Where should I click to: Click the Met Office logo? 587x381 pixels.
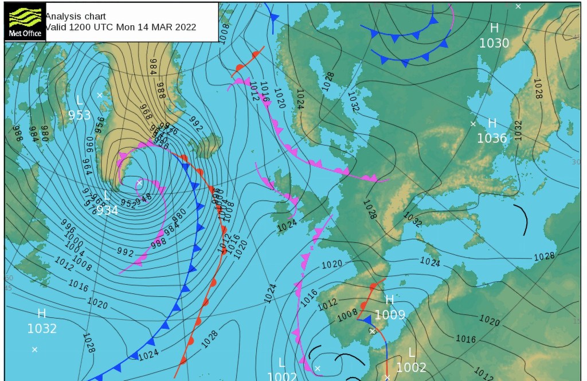(x=24, y=22)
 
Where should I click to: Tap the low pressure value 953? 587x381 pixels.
(x=80, y=115)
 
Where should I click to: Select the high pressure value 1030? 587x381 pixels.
(x=494, y=43)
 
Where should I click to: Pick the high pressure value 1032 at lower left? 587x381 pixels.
(x=42, y=328)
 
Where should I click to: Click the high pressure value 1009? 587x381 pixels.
(x=390, y=315)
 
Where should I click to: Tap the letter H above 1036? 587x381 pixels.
(x=491, y=123)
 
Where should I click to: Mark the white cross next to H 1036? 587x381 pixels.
(x=473, y=124)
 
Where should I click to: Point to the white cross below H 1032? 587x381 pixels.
(x=34, y=349)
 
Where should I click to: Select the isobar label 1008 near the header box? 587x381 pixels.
(x=224, y=32)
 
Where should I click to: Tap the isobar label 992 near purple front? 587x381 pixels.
(x=125, y=253)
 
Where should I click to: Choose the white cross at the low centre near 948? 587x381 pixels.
(x=139, y=183)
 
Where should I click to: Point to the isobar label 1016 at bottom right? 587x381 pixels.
(x=465, y=339)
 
